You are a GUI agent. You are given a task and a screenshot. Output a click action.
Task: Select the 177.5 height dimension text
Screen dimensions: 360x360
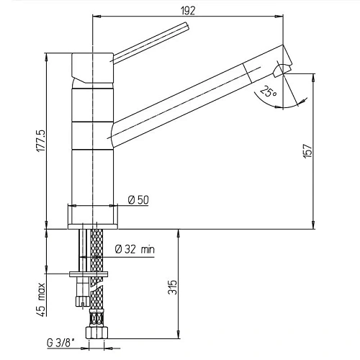coord(41,141)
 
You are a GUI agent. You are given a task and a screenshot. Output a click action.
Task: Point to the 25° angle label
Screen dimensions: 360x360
coord(267,92)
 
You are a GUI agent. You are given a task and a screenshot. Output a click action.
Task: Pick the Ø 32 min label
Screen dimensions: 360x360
coord(135,250)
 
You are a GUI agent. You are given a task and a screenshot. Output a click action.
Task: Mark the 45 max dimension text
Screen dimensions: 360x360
coord(41,300)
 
